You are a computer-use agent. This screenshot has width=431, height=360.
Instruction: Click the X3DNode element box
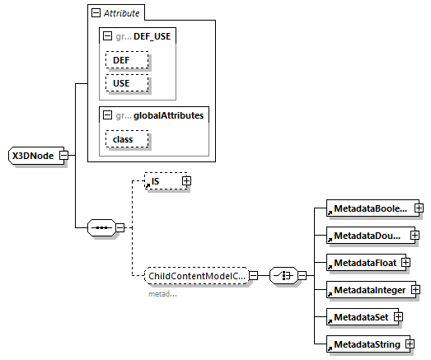click(x=33, y=156)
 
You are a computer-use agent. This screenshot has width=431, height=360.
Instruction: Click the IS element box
click(x=163, y=180)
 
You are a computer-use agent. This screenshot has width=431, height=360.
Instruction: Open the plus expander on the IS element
click(x=186, y=180)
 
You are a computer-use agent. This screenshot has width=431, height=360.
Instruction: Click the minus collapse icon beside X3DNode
click(x=63, y=156)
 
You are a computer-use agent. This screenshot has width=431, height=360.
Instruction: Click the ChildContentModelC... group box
click(x=196, y=276)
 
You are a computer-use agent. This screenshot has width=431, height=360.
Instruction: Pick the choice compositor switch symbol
click(x=283, y=276)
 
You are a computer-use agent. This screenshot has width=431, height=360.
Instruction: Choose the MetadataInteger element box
click(x=368, y=290)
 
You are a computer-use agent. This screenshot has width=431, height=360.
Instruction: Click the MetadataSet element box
click(x=358, y=316)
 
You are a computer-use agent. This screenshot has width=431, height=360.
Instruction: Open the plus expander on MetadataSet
click(x=397, y=316)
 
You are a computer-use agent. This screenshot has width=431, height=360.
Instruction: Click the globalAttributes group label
click(x=164, y=115)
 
